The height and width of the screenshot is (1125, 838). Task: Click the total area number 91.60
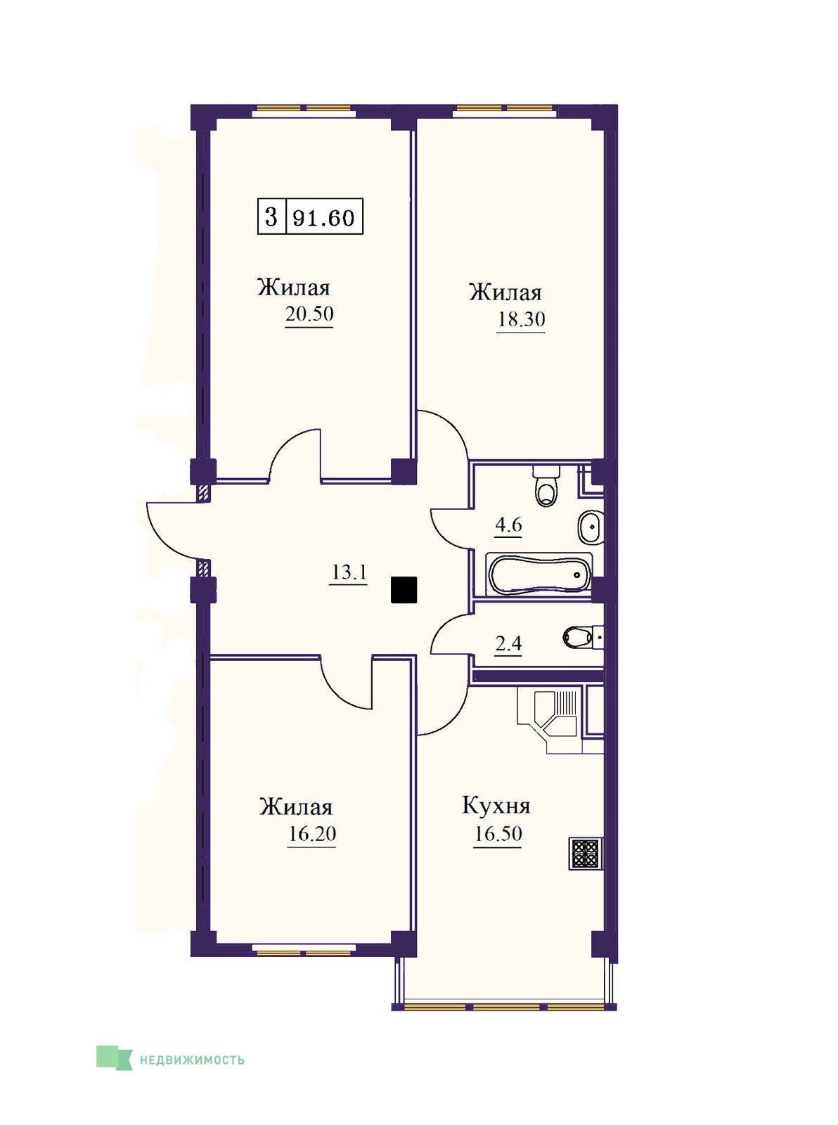point(323,218)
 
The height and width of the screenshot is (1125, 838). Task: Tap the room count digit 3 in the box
point(271,217)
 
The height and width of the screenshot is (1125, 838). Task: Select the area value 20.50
point(309,314)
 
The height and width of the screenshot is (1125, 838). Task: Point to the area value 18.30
point(522,319)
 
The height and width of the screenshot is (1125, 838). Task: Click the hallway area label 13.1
point(349,572)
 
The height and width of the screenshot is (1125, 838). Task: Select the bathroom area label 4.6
point(508,525)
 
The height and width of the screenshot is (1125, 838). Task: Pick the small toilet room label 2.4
point(508,643)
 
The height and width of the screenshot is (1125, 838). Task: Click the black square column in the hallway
point(404,590)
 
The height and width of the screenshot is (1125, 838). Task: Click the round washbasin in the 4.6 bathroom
point(591,527)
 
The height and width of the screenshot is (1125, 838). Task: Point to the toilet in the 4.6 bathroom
point(546,485)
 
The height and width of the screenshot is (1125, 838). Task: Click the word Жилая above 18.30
point(505,292)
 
